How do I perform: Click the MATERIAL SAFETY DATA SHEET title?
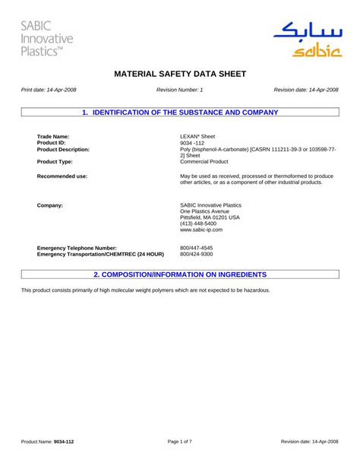point(180,75)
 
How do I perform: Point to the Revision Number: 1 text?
point(180,90)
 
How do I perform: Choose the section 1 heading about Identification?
point(180,113)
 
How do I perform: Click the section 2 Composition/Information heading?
point(180,274)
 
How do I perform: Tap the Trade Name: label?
point(53,136)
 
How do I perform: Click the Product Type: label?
point(55,162)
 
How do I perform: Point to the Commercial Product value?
point(205,162)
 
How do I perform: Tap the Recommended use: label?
point(62,176)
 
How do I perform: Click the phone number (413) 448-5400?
point(198,223)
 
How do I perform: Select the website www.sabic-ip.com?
point(201,230)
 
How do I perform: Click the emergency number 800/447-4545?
point(197,248)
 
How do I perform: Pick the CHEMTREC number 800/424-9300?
point(197,254)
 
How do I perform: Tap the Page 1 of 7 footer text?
point(180,442)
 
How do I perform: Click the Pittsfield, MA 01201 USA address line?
point(210,217)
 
